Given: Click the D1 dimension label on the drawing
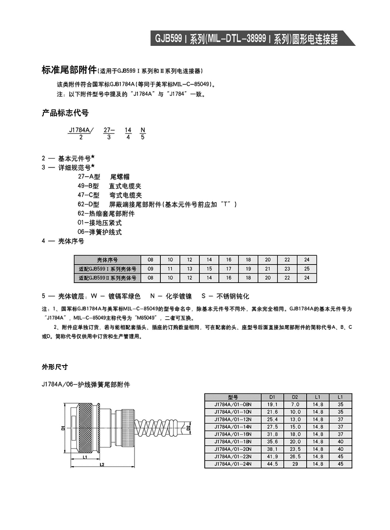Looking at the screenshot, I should coord(63,428).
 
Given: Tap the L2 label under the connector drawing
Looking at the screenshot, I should coord(102,465).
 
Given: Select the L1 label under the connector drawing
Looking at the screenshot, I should coord(85,458).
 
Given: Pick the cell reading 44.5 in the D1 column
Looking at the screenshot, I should coord(272,464).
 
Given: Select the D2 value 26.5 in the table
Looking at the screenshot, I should coord(295,456).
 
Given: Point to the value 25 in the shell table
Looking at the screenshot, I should coord(307,269).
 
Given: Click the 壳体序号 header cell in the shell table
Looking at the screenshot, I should coord(107,260).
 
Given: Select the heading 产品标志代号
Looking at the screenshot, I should coord(66,113).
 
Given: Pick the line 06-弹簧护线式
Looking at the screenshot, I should coord(99,232).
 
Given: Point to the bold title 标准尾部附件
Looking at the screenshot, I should coord(70,70).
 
